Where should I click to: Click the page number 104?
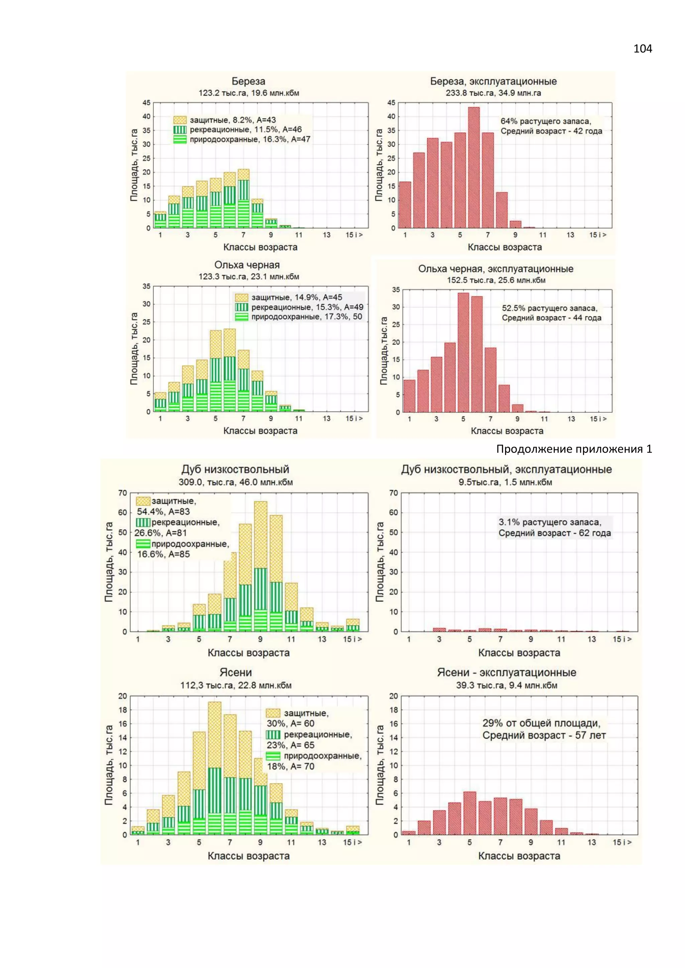click(643, 49)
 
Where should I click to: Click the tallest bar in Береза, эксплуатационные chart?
click(474, 168)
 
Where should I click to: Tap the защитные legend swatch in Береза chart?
click(180, 120)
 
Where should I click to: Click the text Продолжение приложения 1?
click(574, 449)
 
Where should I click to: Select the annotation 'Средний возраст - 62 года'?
click(554, 533)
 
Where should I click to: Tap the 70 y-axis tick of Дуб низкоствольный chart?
click(123, 493)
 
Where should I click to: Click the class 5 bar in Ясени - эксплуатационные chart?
click(470, 813)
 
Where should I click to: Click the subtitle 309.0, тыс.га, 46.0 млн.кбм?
click(235, 482)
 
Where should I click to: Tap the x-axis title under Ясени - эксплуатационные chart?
click(519, 856)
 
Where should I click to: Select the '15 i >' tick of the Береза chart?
click(354, 235)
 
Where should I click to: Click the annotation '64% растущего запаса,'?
click(546, 121)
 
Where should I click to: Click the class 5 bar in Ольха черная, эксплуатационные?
click(463, 352)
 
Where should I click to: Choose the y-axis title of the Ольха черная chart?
click(134, 349)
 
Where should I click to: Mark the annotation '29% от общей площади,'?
click(541, 723)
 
